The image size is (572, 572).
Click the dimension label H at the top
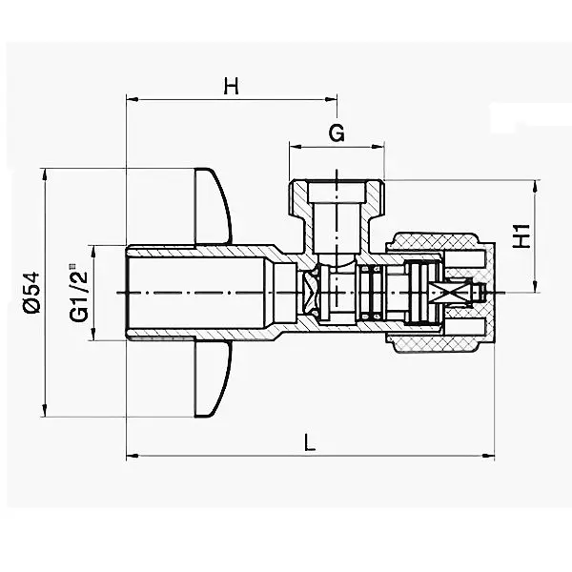point(232,87)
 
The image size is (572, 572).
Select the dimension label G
point(337,133)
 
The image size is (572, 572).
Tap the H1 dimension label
point(522,236)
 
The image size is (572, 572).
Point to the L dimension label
point(310,441)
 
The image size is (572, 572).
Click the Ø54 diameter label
point(31,292)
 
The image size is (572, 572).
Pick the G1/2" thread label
point(78,293)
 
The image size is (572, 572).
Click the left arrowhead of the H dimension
point(133,99)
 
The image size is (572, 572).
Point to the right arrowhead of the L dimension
point(488,456)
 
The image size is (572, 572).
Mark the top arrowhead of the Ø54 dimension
point(45,174)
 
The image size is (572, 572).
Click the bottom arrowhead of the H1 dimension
point(535,286)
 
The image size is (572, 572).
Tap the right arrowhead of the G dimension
point(378,147)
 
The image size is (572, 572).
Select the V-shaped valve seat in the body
point(310,293)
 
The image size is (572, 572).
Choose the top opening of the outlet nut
point(336,193)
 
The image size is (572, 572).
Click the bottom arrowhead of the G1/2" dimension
point(93,335)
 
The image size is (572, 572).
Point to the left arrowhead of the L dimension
point(133,456)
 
